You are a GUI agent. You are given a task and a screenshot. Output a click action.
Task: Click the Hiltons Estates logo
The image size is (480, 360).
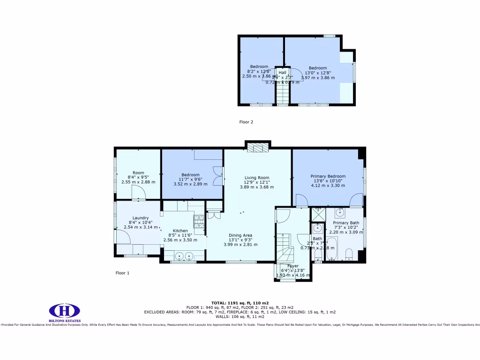click(65, 311)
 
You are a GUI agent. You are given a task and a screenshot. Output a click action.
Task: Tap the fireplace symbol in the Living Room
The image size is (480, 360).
click(257, 148)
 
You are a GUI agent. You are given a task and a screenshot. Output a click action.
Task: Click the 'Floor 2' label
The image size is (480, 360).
click(246, 122)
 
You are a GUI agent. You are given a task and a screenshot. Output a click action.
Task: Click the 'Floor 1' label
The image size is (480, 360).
click(122, 272)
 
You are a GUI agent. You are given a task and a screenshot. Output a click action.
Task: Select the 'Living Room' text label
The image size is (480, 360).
click(256, 178)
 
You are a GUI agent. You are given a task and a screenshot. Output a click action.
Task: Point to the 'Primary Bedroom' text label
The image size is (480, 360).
click(328, 176)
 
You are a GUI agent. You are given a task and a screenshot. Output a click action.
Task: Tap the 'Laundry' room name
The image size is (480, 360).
click(140, 217)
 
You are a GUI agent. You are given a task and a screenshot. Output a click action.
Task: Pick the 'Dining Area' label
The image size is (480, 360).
click(240, 235)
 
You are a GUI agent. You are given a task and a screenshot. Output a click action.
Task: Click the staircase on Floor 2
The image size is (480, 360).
click(282, 92)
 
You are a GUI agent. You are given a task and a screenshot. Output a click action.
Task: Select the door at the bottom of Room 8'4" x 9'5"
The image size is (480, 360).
click(138, 192)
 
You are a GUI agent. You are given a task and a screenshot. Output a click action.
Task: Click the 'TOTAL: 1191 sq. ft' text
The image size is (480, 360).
click(240, 302)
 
